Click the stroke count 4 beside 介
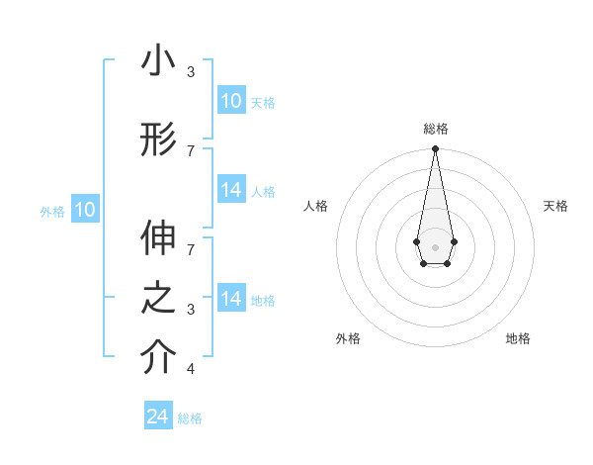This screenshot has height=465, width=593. click(x=190, y=369)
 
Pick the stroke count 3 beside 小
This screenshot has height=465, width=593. click(x=190, y=72)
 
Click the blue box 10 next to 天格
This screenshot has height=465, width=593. click(x=230, y=101)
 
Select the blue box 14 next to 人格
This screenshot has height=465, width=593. click(x=230, y=190)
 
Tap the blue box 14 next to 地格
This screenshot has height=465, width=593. click(x=230, y=299)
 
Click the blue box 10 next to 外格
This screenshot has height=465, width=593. click(x=85, y=210)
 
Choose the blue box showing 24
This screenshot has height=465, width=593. click(x=158, y=417)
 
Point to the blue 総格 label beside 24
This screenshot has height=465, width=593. click(x=191, y=418)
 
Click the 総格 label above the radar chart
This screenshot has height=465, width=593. click(x=435, y=129)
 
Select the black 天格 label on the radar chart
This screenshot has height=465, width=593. click(x=556, y=206)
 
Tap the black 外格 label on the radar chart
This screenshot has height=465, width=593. click(x=348, y=338)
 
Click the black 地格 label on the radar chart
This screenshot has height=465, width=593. click(x=518, y=338)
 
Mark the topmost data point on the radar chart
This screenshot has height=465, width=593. click(x=435, y=149)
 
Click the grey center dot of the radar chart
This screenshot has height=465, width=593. click(x=435, y=245)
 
